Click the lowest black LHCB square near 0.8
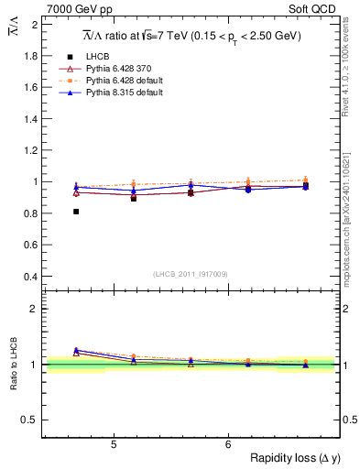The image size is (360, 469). click(76, 212)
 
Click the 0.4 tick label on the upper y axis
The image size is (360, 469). click(31, 277)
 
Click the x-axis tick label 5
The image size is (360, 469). click(113, 445)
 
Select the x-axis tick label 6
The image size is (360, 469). click(228, 445)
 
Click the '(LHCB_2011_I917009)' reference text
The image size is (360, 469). click(190, 274)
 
